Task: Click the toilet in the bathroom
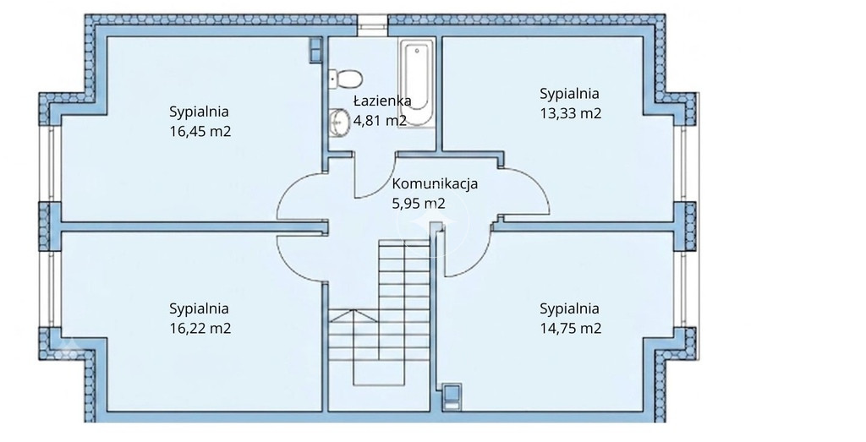click(x=346, y=79)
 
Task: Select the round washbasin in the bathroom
click(x=338, y=122)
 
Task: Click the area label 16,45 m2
click(x=200, y=132)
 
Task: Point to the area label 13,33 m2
click(x=571, y=114)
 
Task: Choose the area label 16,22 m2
click(x=200, y=328)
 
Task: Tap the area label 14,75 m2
click(x=571, y=328)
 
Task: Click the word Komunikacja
click(x=435, y=183)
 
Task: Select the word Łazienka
click(x=382, y=101)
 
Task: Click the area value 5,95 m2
click(x=418, y=204)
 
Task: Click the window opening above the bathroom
click(x=372, y=22)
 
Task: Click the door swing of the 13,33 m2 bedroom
click(x=539, y=182)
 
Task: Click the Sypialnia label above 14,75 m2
click(x=569, y=309)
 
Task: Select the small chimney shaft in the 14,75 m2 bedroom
click(x=452, y=397)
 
